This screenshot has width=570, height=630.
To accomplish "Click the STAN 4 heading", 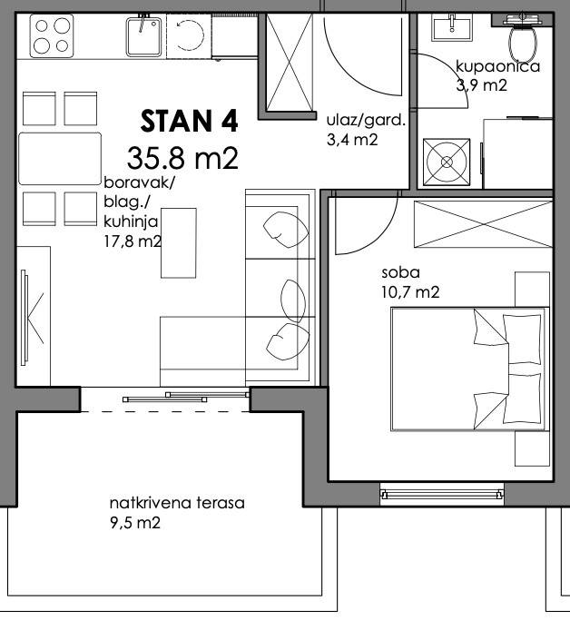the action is [x=189, y=121].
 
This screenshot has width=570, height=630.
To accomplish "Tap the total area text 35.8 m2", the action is [x=182, y=158].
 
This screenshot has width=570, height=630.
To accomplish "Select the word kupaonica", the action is [x=497, y=66].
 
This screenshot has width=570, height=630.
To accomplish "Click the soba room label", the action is [x=400, y=272].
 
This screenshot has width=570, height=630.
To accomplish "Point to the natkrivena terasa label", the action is [x=177, y=503].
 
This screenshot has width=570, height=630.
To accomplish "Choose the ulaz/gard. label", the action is [x=366, y=120].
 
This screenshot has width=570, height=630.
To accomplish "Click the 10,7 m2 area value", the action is [x=410, y=292].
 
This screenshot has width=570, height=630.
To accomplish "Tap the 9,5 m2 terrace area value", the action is [x=135, y=523].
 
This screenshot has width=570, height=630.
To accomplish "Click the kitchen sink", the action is [x=143, y=36].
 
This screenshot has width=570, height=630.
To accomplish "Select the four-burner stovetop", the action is [x=52, y=35].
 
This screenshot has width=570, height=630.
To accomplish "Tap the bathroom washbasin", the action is [x=452, y=27].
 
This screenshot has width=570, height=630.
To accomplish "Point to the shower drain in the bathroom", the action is [x=447, y=162].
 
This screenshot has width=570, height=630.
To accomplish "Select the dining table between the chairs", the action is [x=60, y=158].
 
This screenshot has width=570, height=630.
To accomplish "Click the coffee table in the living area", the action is [x=178, y=243].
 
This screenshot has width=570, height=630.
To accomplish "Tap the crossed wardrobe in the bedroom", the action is [x=484, y=224].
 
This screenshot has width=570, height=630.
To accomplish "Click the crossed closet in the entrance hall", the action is [x=290, y=62].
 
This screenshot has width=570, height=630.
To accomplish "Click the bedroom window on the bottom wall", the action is [x=442, y=494].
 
